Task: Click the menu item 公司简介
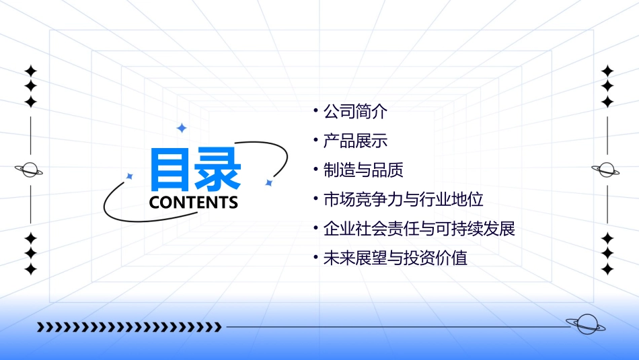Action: (355, 112)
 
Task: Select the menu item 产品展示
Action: (355, 141)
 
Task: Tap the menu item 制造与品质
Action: (363, 170)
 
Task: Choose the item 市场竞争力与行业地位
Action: (403, 200)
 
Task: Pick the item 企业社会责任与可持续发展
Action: (419, 229)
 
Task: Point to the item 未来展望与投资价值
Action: (395, 258)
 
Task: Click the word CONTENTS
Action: (194, 203)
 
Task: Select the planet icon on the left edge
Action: (30, 170)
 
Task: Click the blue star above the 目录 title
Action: (181, 128)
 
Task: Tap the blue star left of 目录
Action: (130, 176)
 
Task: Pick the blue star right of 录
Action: (268, 182)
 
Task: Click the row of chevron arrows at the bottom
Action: (129, 327)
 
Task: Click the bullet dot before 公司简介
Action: (315, 109)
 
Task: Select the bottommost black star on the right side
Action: (607, 269)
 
